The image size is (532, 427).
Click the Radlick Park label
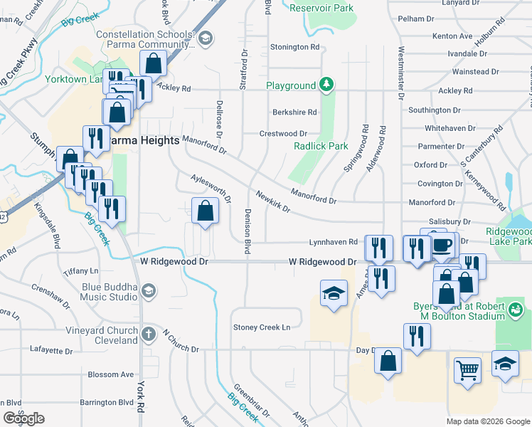click(x=321, y=146)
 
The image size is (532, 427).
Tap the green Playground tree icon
click(x=326, y=85)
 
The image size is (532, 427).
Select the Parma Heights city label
click(x=144, y=140)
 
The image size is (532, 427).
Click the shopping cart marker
click(x=467, y=369)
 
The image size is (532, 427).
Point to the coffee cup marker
click(x=442, y=246)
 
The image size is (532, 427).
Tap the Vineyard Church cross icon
click(x=148, y=334)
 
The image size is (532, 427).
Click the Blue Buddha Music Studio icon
click(x=148, y=290)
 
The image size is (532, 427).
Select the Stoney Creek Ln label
click(x=262, y=327)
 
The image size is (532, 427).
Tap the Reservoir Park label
click(x=322, y=9)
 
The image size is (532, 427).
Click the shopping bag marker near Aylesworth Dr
click(x=205, y=211)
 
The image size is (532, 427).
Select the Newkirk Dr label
click(x=273, y=202)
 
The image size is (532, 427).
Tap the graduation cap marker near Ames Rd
click(x=332, y=294)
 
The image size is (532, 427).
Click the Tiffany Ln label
click(x=80, y=271)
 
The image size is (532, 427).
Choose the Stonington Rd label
click(x=294, y=47)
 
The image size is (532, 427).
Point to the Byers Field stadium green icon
click(x=516, y=310)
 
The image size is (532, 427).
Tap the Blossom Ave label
click(x=110, y=374)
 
